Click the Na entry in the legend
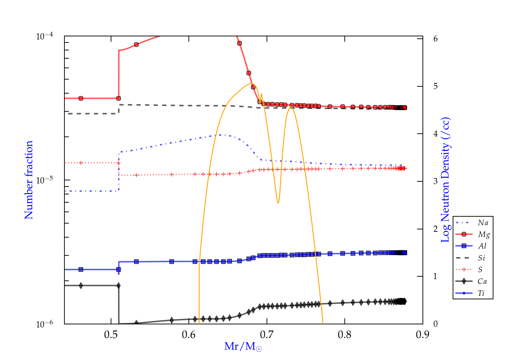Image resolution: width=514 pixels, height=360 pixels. tap(483, 223)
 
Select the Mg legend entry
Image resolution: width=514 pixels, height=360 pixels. tap(484, 235)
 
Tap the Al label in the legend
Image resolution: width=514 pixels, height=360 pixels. tap(482, 246)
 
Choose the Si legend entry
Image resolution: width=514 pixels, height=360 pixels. tap(481, 258)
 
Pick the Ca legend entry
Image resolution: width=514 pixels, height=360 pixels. tap(482, 281)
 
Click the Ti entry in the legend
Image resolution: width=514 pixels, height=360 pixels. tap(481, 293)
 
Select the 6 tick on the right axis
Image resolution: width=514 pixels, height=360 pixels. tap(435, 38)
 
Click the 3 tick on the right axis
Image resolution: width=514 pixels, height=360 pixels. tap(435, 181)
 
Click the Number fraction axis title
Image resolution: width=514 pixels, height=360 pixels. tap(29, 180)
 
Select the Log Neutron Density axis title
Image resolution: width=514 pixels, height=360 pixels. tap(445, 180)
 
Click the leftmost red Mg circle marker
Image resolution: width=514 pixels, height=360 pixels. tap(81, 98)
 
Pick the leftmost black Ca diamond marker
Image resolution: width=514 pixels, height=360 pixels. tap(81, 286)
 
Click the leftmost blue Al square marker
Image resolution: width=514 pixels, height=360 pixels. tap(81, 269)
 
